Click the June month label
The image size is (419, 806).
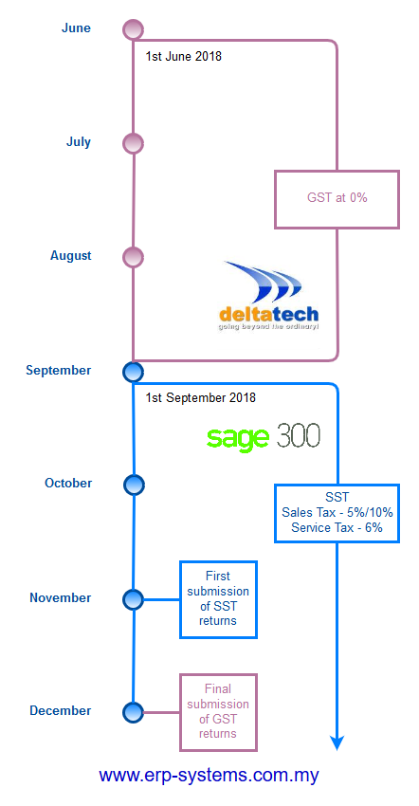(76, 27)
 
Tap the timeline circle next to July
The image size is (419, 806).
(133, 143)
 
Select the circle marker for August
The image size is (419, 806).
(133, 257)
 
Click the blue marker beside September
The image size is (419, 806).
(133, 371)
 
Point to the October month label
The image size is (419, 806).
(68, 484)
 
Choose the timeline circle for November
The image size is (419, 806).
(133, 599)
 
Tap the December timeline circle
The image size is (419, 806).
(133, 712)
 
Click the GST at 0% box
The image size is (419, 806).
(337, 199)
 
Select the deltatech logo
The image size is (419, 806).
(268, 296)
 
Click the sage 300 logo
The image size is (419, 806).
(264, 437)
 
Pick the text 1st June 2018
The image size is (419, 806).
(184, 56)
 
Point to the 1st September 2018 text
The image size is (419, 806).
(201, 398)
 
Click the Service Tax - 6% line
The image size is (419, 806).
(337, 527)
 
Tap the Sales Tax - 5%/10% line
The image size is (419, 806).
(337, 512)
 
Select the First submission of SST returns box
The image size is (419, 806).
(218, 599)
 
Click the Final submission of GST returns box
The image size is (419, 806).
(218, 712)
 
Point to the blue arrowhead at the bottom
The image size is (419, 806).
(337, 742)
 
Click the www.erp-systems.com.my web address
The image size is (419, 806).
(209, 775)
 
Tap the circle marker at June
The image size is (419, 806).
(133, 29)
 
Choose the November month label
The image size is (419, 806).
(60, 597)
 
